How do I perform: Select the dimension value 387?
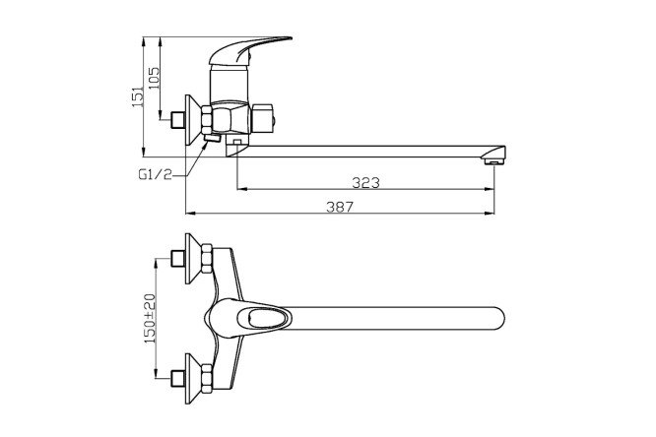point(339,207)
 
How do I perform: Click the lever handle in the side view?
point(258,48)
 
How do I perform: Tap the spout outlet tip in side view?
point(496,157)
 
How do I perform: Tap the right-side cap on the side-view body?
point(268,119)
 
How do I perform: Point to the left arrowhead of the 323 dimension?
point(240,188)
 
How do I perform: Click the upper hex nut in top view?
point(207,260)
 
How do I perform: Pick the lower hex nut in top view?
point(207,377)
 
